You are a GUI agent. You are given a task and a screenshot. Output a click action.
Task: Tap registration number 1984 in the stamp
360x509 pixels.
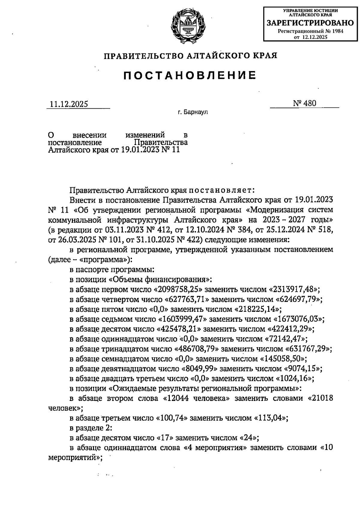pyautogui.click(x=337, y=31)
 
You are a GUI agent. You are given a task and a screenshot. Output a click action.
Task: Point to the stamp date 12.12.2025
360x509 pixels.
pyautogui.click(x=314, y=37)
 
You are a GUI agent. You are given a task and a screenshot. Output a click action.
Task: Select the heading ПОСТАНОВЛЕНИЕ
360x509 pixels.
pyautogui.click(x=190, y=75)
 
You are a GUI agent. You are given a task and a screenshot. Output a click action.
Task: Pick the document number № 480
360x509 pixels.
pyautogui.click(x=304, y=103)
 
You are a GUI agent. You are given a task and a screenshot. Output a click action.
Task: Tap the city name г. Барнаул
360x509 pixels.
pyautogui.click(x=193, y=113)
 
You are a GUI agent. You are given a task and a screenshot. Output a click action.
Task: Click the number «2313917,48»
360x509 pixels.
pyautogui.click(x=294, y=289)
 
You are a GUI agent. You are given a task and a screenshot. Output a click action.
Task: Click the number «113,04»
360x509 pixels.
pyautogui.click(x=271, y=417)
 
